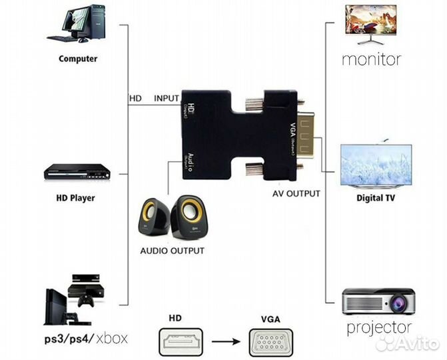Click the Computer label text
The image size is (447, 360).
(78, 59)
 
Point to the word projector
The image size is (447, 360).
(379, 327)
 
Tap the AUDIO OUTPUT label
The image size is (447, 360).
(172, 251)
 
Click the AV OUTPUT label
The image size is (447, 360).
(296, 194)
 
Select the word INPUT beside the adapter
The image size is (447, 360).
(167, 99)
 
